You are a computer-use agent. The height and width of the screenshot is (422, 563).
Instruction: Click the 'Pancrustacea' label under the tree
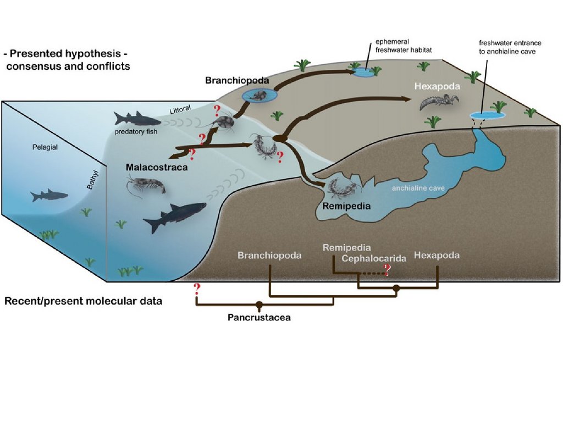pyautogui.click(x=259, y=317)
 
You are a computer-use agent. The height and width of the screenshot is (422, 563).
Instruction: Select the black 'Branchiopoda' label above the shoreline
pyautogui.click(x=237, y=80)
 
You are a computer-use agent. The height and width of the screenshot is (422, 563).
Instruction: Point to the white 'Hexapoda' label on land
pyautogui.click(x=437, y=86)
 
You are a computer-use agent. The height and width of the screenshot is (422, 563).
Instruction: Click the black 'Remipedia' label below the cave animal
pyautogui.click(x=346, y=207)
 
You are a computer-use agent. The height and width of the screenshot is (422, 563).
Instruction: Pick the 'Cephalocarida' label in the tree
pyautogui.click(x=373, y=258)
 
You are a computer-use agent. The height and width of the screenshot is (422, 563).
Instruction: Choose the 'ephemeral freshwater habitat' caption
pyautogui.click(x=403, y=46)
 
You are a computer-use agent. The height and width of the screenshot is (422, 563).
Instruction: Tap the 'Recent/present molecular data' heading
pyautogui.click(x=83, y=302)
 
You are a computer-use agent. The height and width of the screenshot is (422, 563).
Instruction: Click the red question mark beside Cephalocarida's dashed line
pyautogui.click(x=387, y=269)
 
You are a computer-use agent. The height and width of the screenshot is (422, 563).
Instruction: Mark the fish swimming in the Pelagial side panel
pyautogui.click(x=49, y=195)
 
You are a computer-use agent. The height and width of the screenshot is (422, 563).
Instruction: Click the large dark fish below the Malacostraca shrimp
pyautogui.click(x=174, y=216)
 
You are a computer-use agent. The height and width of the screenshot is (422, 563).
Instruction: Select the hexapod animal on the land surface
pyautogui.click(x=439, y=102)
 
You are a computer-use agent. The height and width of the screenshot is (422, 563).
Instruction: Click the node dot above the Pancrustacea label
pyautogui.click(x=259, y=304)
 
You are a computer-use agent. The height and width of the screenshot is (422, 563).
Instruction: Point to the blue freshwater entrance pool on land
pyautogui.click(x=488, y=115)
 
